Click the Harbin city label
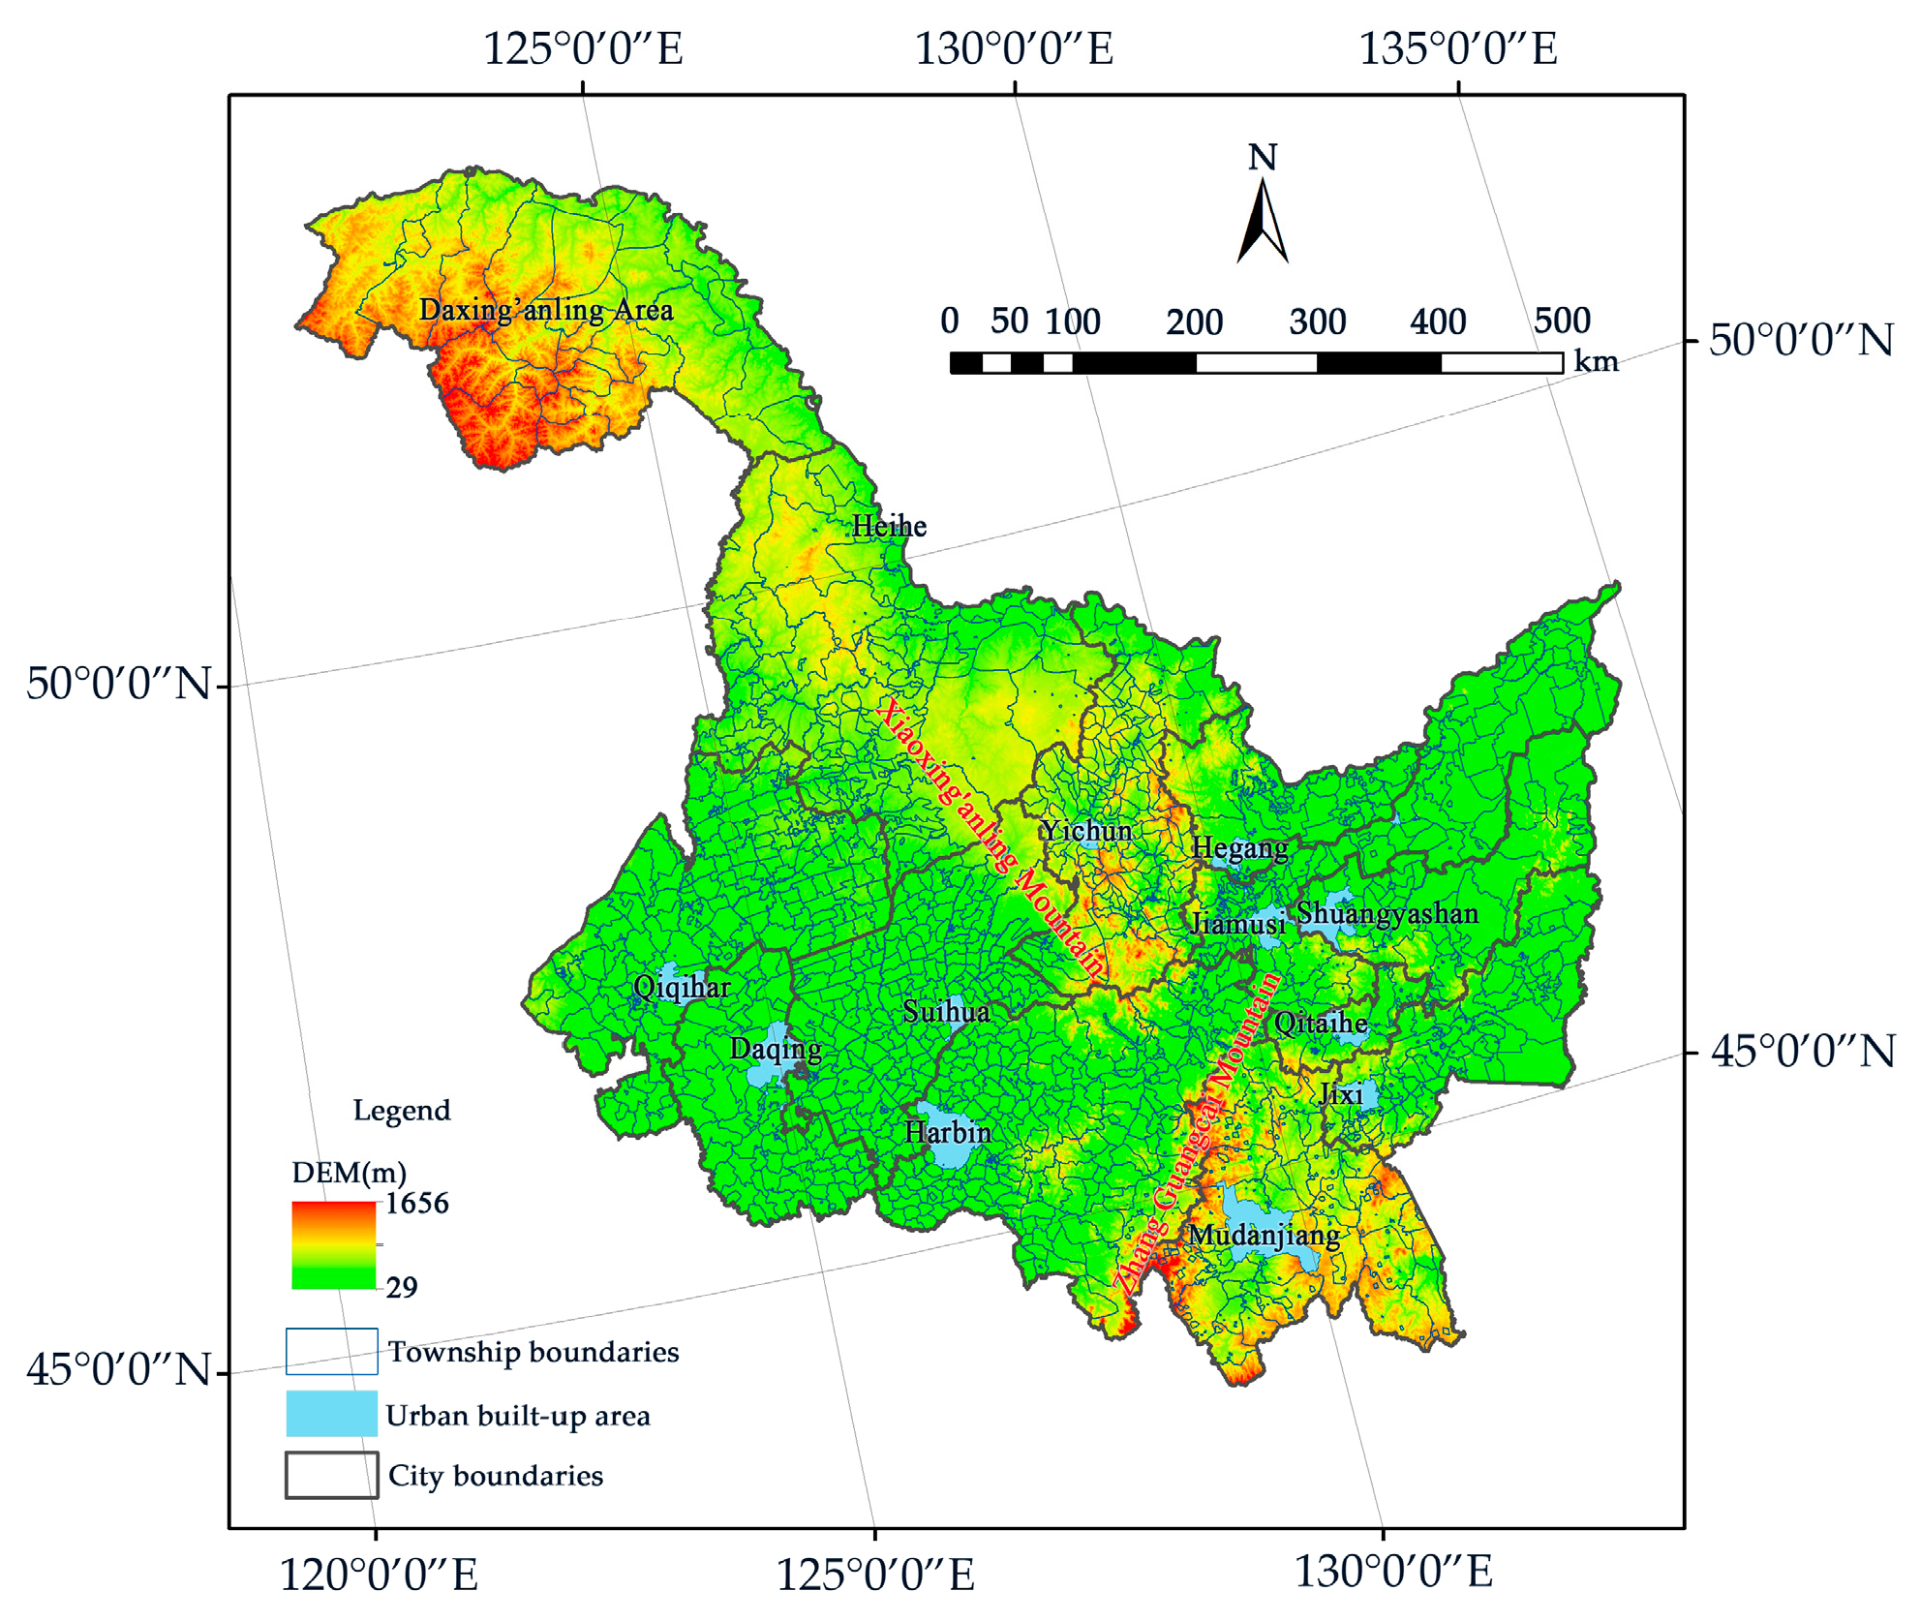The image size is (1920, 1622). coord(947,1132)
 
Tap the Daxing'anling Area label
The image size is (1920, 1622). coord(545,310)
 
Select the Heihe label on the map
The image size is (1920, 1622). coord(889,527)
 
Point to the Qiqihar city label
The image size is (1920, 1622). coord(682,988)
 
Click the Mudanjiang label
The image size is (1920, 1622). coord(1264,1236)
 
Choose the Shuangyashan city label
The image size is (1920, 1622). coord(1387,913)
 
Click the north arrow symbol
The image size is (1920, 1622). coord(1262,223)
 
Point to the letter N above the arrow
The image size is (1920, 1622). coord(1262,158)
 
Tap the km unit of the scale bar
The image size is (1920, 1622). coord(1596,362)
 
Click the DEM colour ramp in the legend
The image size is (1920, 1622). coord(333,1244)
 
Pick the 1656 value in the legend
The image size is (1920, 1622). coord(416,1204)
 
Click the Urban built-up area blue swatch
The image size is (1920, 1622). coord(331,1413)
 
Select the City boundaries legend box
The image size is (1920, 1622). coord(331,1475)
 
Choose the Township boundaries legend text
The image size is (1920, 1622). coord(533,1352)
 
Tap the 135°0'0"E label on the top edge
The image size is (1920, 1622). coord(1458,48)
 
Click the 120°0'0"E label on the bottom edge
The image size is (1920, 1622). coord(379,1575)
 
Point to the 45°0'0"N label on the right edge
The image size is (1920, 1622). coord(1802,1052)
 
